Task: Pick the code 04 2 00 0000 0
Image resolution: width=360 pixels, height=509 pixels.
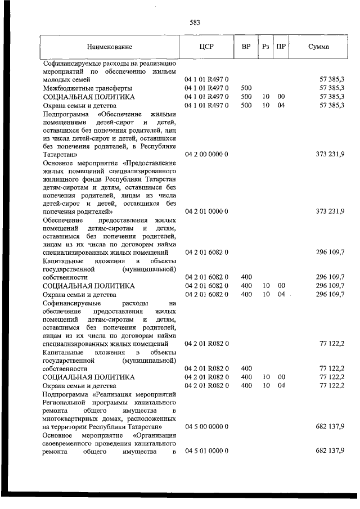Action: point(206,154)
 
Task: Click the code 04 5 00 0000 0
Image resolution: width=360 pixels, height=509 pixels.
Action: point(206,427)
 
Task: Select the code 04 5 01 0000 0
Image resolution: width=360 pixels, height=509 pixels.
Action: point(206,451)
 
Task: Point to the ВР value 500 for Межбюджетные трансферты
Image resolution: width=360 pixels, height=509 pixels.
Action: point(246,88)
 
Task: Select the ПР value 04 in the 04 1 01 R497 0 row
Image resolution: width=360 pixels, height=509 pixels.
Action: point(281,105)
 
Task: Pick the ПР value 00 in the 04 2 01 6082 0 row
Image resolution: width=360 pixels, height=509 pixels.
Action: point(281,286)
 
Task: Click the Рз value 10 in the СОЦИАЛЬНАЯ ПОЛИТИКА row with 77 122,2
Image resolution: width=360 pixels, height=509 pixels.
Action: point(265,377)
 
